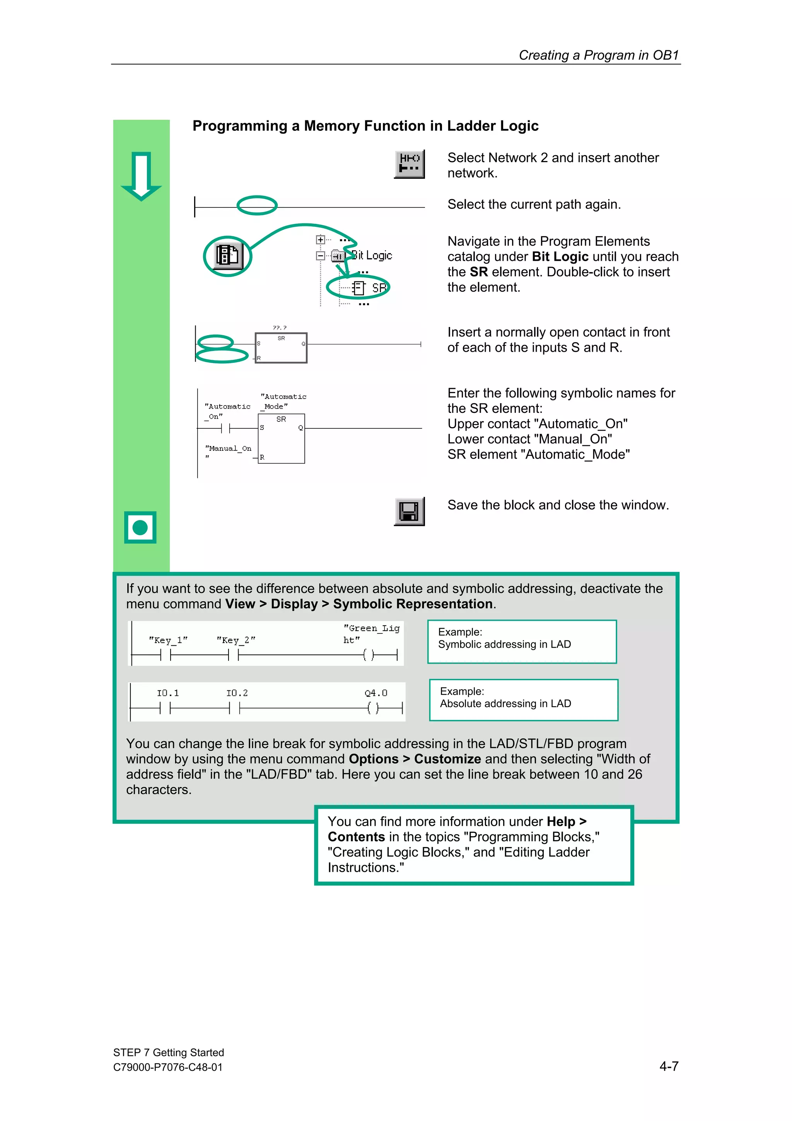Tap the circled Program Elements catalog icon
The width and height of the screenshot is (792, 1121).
(227, 255)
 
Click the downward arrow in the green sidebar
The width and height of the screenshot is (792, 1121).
(141, 176)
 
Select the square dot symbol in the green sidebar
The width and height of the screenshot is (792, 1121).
(140, 527)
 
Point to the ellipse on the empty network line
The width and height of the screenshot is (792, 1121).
(257, 205)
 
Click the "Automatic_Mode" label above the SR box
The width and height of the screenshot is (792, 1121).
(283, 401)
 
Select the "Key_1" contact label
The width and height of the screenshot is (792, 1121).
(168, 640)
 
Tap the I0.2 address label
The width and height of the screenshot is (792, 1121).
(237, 693)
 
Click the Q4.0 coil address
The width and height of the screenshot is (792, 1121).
(376, 693)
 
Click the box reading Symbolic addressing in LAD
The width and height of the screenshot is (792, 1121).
(522, 642)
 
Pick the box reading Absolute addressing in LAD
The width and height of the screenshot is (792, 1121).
(523, 700)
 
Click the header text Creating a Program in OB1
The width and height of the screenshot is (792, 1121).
(599, 55)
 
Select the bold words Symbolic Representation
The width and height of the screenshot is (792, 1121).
(412, 604)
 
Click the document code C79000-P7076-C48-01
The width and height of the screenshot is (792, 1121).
(168, 1067)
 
